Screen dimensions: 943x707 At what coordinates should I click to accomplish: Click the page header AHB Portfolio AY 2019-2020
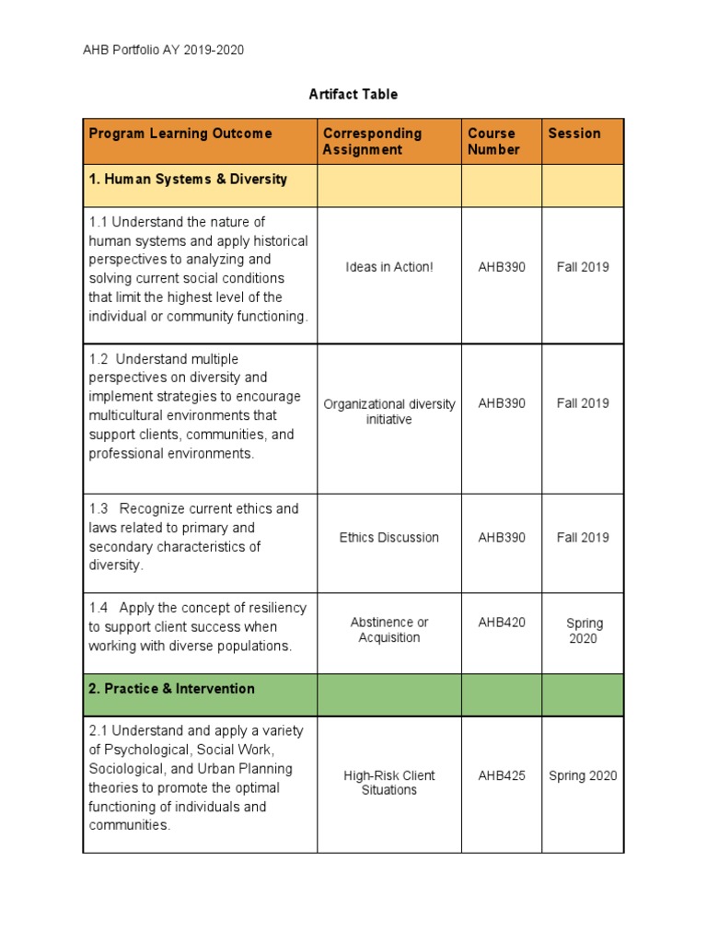coord(163,51)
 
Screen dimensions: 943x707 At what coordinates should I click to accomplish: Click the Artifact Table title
coord(353,94)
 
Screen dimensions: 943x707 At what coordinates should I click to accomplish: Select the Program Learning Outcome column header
coord(180,134)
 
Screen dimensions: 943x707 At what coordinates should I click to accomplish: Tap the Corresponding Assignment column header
coord(372,141)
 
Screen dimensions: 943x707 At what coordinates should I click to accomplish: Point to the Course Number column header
coord(493,141)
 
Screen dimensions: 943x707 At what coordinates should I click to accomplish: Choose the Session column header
coord(574,134)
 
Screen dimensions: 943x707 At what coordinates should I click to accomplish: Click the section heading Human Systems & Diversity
coord(188,180)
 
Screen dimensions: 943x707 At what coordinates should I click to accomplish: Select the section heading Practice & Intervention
coord(171,689)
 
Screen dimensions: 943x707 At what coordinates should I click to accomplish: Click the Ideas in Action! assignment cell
coord(388,267)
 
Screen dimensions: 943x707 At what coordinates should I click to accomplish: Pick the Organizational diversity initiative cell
coord(388,412)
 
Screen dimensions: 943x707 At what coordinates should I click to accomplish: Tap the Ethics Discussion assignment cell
coord(388,538)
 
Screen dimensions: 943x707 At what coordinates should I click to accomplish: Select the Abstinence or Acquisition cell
coord(388,630)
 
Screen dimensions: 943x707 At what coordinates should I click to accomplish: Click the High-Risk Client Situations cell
coord(388,783)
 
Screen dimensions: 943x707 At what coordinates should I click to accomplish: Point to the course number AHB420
coord(502,623)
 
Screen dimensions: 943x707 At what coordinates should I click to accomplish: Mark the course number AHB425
coord(502,775)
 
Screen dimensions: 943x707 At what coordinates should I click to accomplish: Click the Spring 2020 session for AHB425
coord(583,775)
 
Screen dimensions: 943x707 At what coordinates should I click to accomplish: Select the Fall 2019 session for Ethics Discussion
coord(583,538)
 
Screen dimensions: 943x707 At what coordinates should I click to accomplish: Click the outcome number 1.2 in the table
coord(99,359)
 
